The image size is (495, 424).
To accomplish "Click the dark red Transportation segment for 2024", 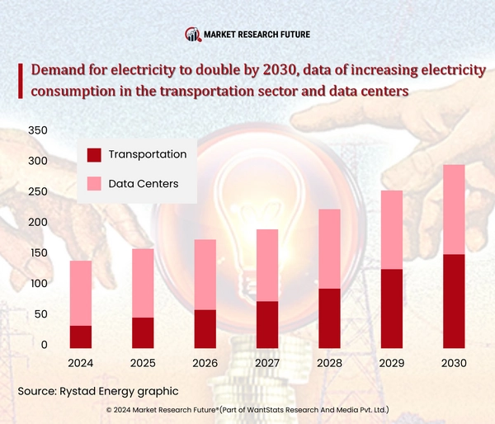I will pos(80,336).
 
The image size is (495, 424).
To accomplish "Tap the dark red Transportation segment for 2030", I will pos(454,300).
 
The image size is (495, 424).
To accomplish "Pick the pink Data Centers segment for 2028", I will pos(329,248).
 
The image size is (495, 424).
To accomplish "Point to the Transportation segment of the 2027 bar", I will pos(267,324).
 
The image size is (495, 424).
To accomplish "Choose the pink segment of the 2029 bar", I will pos(392,229).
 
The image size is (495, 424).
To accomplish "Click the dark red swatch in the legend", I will pos(94,154).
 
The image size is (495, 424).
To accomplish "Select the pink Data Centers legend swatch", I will pos(94,183).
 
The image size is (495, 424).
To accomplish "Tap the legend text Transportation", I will pos(148,154).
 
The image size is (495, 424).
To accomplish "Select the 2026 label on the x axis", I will pos(205,363).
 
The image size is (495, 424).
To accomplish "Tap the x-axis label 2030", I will pos(454,363).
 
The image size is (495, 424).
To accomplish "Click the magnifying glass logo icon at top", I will pos(192,35).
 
